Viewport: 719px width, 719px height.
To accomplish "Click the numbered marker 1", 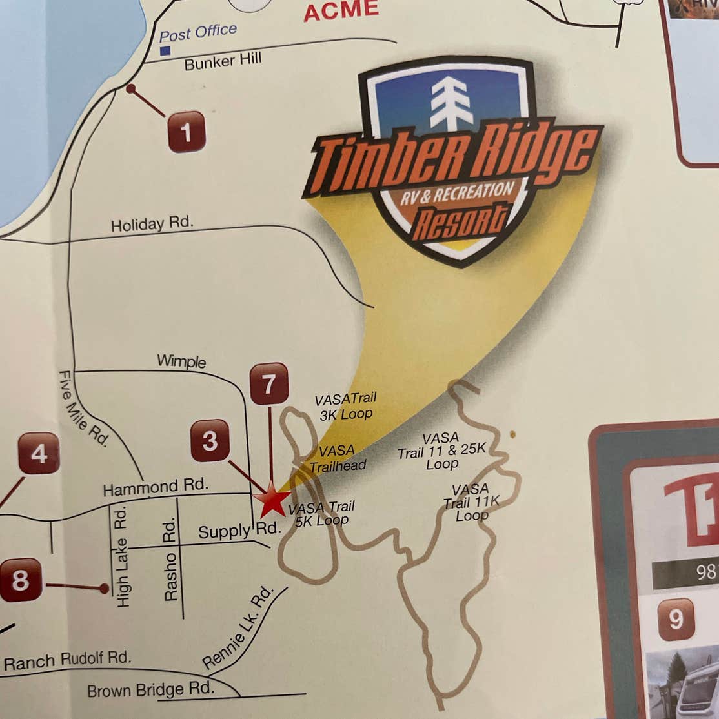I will [x=187, y=132].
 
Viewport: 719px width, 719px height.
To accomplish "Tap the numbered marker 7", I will [x=268, y=385].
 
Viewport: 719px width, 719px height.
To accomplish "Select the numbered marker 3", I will [x=210, y=441].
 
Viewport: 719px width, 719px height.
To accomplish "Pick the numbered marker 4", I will [x=39, y=453].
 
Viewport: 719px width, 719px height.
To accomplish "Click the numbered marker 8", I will [x=21, y=580].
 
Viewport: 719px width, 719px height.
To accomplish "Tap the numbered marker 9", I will [x=676, y=619].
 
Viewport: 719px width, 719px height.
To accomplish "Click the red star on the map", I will [x=272, y=501].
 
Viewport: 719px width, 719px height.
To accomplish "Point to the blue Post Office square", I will [x=165, y=50].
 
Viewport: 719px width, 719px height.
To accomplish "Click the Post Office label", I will [x=198, y=32].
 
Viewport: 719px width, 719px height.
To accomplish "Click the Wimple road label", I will [x=181, y=361].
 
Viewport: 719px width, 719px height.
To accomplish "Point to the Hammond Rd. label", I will [x=155, y=487].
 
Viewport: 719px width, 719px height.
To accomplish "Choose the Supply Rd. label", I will [x=239, y=531].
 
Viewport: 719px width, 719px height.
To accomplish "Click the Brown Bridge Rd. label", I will [x=150, y=689].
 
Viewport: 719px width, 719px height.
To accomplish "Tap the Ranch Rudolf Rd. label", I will [x=67, y=660].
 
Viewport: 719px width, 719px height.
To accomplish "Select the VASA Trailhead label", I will [x=338, y=458].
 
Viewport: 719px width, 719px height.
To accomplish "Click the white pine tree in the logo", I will [x=451, y=103].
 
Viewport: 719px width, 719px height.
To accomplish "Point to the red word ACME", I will [x=341, y=11].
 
